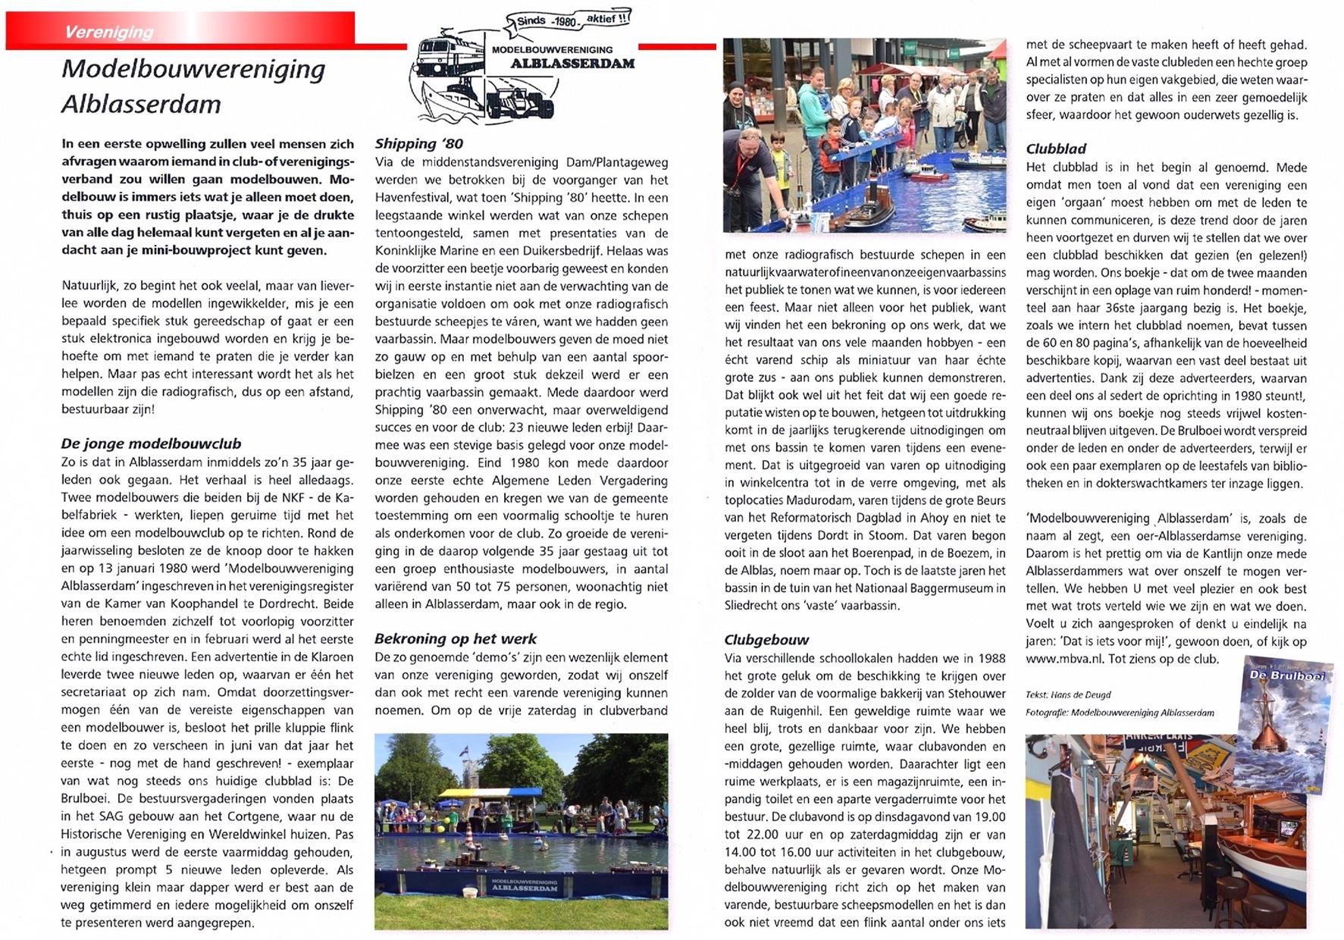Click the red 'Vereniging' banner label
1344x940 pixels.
pyautogui.click(x=108, y=32)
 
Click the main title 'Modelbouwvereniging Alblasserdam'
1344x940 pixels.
pyautogui.click(x=193, y=86)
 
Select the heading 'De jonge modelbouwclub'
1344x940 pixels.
pyautogui.click(x=151, y=443)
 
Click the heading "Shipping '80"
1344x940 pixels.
pyautogui.click(x=418, y=143)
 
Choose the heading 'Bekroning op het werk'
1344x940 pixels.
pyautogui.click(x=455, y=638)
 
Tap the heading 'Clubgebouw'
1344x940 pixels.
pyautogui.click(x=766, y=639)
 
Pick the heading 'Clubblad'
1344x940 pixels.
pyautogui.click(x=1056, y=149)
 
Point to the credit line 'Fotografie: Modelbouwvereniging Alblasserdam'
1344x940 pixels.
pyautogui.click(x=1119, y=713)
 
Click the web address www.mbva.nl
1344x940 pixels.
pyautogui.click(x=1064, y=659)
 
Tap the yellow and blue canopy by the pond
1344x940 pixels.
pyautogui.click(x=490, y=794)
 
